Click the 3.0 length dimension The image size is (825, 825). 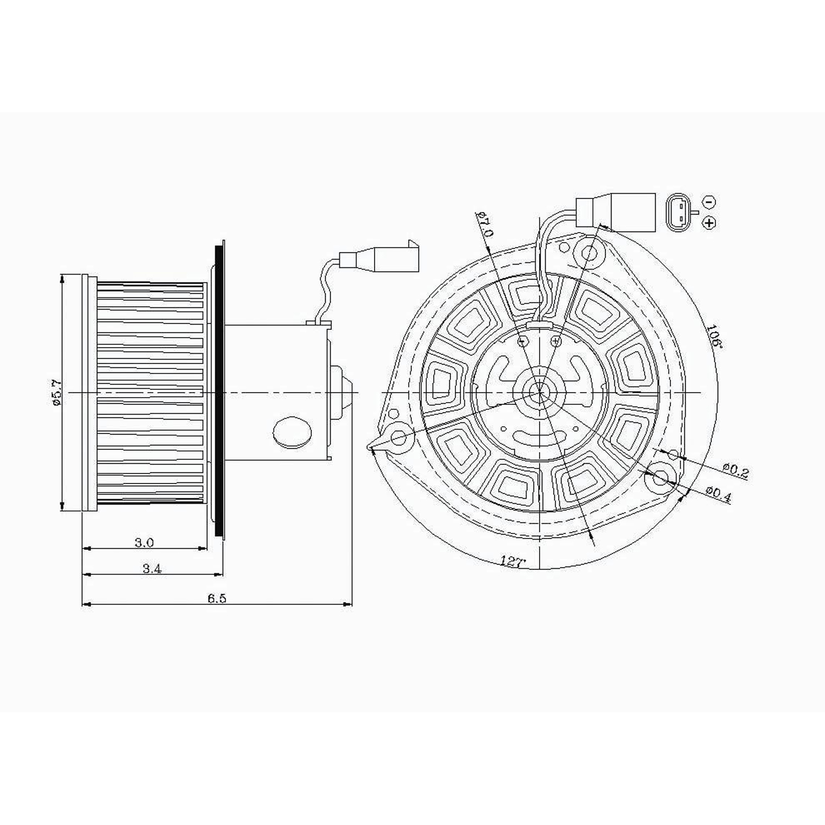(x=144, y=542)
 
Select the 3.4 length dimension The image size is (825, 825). (x=152, y=569)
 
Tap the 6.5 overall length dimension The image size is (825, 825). (x=217, y=598)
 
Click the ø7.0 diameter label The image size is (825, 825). (x=486, y=223)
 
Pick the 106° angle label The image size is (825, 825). (x=713, y=336)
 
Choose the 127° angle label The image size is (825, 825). (x=513, y=561)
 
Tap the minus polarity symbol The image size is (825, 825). (x=710, y=202)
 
